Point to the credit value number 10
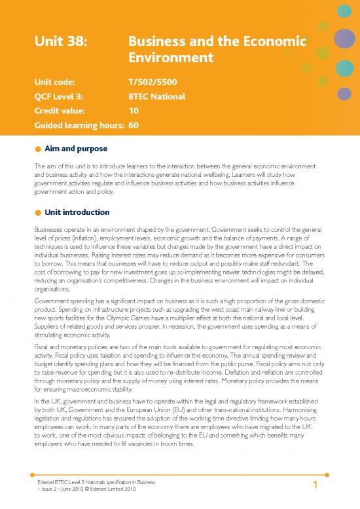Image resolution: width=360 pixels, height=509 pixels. pyautogui.click(x=134, y=110)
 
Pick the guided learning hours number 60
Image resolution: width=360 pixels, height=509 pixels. pyautogui.click(x=134, y=123)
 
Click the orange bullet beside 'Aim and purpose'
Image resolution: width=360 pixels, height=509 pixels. pyautogui.click(x=39, y=149)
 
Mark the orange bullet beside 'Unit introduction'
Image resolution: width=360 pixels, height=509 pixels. pyautogui.click(x=39, y=213)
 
